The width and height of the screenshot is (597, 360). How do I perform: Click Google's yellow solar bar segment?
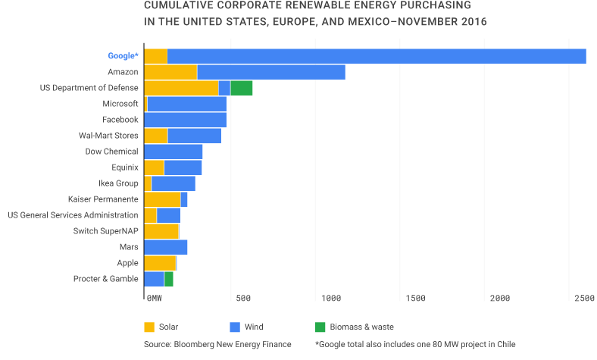coord(155,56)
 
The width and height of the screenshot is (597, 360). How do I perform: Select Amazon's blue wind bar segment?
coord(270,72)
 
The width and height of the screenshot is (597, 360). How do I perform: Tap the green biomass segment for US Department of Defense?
coord(241,88)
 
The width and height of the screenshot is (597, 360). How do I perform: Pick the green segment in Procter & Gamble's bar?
coord(168,279)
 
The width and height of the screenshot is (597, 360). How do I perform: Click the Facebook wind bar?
coord(185,120)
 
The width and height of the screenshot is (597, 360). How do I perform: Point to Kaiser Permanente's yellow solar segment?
coord(162,199)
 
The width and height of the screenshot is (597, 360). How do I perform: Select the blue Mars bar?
coord(165,247)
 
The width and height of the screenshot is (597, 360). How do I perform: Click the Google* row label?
coord(123,56)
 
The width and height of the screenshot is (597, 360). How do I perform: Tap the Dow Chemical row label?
coord(111,152)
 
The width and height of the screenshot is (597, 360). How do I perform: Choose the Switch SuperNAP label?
coord(105,231)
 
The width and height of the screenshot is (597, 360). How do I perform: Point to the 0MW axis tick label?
coord(154,299)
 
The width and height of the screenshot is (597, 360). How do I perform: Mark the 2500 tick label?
coord(584,299)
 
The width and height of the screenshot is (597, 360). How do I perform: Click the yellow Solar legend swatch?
coord(149,327)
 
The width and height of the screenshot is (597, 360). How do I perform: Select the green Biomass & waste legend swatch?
coord(320,327)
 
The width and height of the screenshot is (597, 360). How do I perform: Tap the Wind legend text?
coord(254,327)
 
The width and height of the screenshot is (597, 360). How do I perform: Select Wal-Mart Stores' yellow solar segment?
coord(155,136)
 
